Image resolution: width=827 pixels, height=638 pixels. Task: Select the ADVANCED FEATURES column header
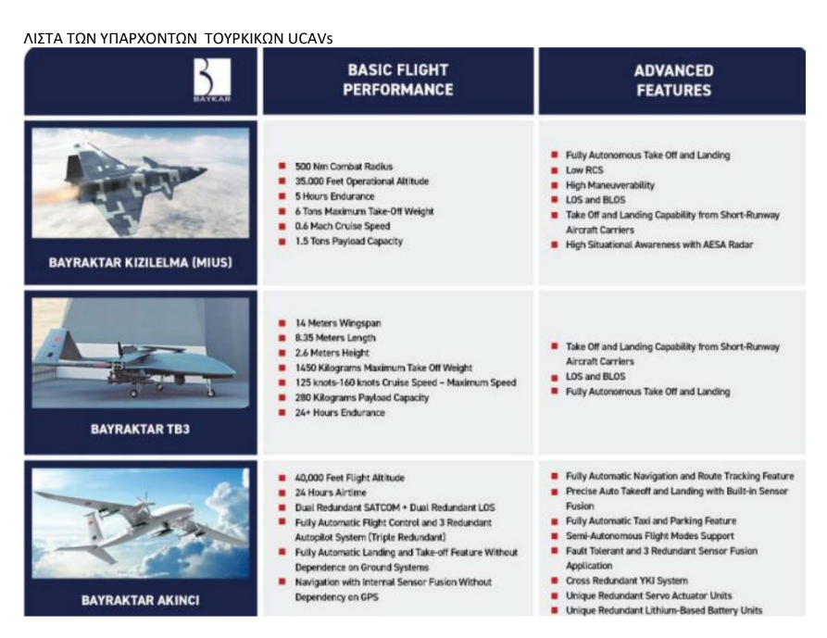pyautogui.click(x=672, y=81)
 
